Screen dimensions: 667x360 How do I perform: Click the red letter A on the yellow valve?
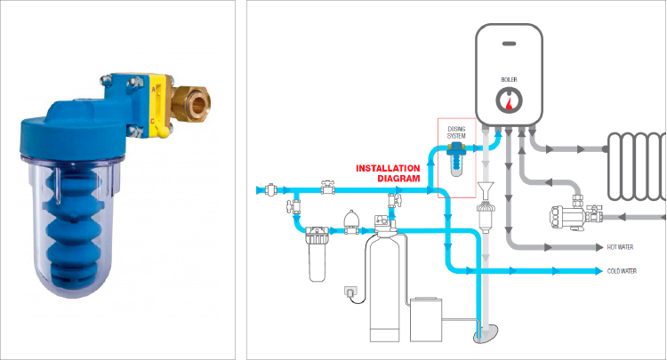153,89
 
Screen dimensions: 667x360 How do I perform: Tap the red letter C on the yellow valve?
152,122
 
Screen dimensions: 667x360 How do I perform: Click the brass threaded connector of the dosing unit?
191,101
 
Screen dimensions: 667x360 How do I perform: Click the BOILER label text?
509,79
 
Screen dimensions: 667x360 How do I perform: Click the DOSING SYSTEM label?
456,132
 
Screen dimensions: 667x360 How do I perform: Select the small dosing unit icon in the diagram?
456,159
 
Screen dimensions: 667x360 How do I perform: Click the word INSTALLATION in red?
388,168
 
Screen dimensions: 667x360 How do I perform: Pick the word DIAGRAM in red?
398,179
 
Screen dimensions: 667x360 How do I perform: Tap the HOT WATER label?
620,247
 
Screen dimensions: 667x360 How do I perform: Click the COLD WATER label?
622,271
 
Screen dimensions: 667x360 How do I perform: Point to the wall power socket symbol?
350,292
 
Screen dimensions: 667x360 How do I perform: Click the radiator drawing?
637,166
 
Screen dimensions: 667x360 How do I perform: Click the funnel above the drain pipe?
484,188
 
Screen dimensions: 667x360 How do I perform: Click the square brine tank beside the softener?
426,320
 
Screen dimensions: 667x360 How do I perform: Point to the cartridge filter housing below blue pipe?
317,254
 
